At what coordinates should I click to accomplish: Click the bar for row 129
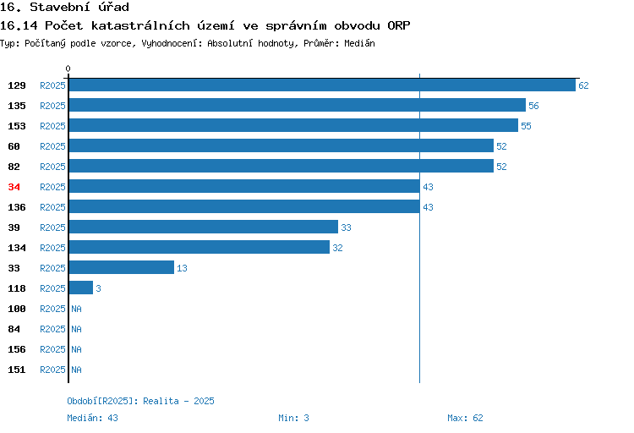point(322,85)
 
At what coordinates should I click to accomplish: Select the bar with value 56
point(298,105)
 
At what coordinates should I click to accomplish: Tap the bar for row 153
point(293,125)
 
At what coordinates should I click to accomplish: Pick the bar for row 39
point(204,227)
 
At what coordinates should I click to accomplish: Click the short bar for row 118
point(81,288)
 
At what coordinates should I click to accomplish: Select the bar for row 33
point(121,267)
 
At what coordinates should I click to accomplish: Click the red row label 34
point(14,187)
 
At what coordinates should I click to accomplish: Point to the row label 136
point(17,207)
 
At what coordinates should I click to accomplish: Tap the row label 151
point(17,370)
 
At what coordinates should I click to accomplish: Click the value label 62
point(583,85)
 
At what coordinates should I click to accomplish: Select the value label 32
point(337,248)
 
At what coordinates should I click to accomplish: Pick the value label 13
point(182,268)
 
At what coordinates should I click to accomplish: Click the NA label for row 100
point(76,309)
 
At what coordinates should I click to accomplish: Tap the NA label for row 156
point(76,349)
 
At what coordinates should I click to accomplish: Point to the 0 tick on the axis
point(68,69)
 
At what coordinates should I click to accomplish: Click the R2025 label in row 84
point(52,329)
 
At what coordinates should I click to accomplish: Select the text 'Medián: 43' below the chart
point(93,418)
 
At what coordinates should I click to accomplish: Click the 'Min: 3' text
point(293,418)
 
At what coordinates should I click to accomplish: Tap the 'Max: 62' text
point(465,418)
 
